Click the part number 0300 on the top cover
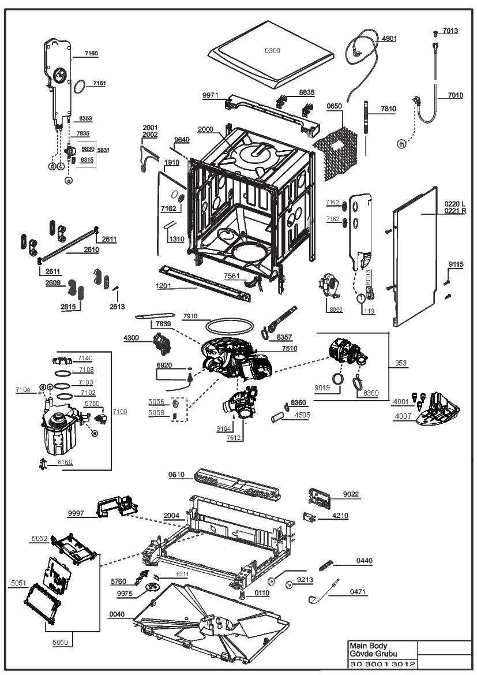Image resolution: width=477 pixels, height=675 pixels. [x=272, y=51]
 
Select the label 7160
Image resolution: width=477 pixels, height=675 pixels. [x=91, y=53]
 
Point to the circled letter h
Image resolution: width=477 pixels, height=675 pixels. [x=401, y=144]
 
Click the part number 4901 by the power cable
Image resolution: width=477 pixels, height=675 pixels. [x=389, y=39]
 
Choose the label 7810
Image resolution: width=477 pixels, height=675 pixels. [x=388, y=109]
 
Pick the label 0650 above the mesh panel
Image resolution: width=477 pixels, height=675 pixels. [x=334, y=106]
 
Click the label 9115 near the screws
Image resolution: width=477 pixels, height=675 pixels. [x=456, y=265]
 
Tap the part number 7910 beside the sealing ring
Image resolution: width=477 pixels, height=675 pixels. [x=190, y=316]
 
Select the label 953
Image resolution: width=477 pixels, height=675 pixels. [x=400, y=363]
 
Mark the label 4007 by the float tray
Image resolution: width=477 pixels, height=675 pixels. [x=403, y=416]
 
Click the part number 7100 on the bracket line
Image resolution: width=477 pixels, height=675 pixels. [x=120, y=412]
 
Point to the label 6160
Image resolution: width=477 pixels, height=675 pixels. [x=65, y=463]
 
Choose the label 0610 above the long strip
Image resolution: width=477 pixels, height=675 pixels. [x=176, y=475]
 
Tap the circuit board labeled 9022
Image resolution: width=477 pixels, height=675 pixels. [x=320, y=497]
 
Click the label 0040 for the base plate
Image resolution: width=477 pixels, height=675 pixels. [x=117, y=614]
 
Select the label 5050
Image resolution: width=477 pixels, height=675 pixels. [x=60, y=643]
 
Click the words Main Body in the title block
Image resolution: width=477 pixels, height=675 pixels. [x=368, y=646]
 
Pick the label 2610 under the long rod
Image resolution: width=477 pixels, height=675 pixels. [x=91, y=249]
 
